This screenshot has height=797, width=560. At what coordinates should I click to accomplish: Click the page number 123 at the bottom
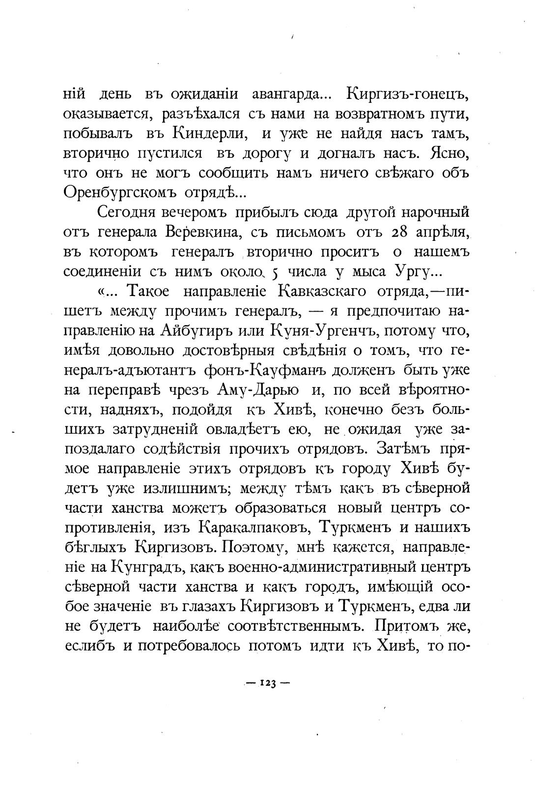[268, 683]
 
